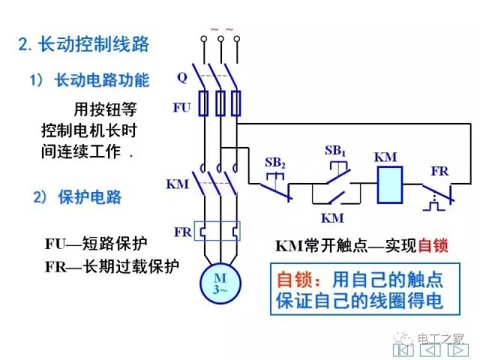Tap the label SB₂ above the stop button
(x=275, y=162)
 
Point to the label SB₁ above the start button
(x=334, y=150)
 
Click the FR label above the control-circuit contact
(x=439, y=170)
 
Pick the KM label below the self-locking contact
(x=331, y=218)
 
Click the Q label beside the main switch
(x=182, y=77)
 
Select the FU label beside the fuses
(x=181, y=107)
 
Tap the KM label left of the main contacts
(x=177, y=184)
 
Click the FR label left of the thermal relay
(x=182, y=231)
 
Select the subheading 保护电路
(x=88, y=198)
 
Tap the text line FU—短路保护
(x=95, y=244)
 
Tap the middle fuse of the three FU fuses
(x=220, y=103)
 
